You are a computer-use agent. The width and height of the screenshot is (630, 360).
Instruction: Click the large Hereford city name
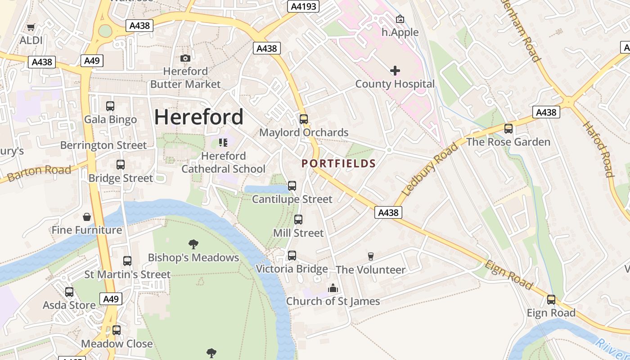[198, 117]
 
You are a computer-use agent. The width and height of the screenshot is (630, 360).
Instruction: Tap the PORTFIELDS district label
[338, 163]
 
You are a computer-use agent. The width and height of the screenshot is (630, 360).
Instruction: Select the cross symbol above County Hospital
[395, 71]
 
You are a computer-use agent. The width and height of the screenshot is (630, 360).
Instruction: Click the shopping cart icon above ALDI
[31, 27]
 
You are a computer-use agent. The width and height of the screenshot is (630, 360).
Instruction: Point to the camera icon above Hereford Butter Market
[185, 58]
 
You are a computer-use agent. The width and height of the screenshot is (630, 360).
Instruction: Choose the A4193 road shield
[303, 6]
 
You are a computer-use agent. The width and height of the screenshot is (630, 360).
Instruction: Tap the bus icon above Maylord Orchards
[304, 119]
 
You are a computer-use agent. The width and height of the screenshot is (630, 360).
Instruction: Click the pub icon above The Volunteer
[370, 256]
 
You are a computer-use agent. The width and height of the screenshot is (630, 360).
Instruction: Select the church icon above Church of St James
[333, 288]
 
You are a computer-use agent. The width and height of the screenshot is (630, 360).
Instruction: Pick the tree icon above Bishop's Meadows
[193, 244]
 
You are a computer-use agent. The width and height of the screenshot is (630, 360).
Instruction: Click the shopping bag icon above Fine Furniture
[87, 217]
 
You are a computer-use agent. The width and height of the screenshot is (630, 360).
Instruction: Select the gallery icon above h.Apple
[400, 19]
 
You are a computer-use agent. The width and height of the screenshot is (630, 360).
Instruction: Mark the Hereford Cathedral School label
[224, 162]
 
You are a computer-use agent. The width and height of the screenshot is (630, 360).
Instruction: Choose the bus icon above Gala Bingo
[110, 106]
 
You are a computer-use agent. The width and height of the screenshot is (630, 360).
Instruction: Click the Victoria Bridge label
[292, 269]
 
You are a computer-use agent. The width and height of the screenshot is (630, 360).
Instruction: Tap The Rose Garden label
[508, 142]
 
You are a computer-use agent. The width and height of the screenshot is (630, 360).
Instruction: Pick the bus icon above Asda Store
[69, 292]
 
